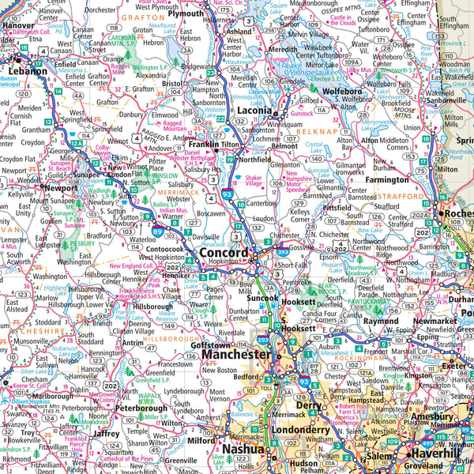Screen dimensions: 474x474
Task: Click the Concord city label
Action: pos(224,254)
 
